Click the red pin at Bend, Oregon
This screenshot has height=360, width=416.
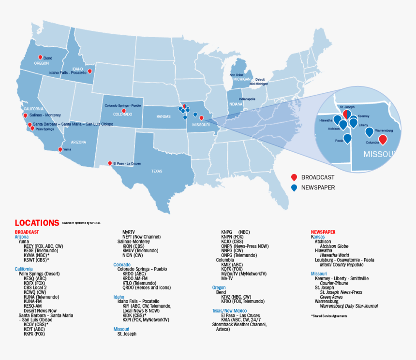[x=40, y=58]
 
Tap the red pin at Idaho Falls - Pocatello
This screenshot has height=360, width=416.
[x=89, y=72]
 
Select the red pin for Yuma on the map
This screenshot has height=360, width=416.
[x=60, y=150]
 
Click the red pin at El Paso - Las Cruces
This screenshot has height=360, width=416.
[x=110, y=163]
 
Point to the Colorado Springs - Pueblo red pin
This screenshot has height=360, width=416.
[x=124, y=111]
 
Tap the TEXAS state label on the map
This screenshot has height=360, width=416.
[x=157, y=171]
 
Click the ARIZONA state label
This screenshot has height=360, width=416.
[x=78, y=142]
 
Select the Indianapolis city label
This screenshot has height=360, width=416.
[x=247, y=99]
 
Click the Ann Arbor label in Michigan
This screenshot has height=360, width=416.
[x=237, y=75]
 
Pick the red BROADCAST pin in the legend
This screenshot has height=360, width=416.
[x=294, y=177]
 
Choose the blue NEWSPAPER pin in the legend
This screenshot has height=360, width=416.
[x=294, y=187]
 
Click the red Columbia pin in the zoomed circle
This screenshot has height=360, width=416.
[x=383, y=140]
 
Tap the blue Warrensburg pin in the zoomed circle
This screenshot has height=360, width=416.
[x=370, y=132]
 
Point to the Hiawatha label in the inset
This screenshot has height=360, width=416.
[x=326, y=120]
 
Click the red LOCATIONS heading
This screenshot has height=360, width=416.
[x=37, y=223]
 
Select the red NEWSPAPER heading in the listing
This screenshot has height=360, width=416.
[x=323, y=232]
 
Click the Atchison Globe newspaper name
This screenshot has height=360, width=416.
[x=334, y=246]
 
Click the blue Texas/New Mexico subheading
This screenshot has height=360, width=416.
[x=229, y=310]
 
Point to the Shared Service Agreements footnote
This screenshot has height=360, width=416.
[x=329, y=316]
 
